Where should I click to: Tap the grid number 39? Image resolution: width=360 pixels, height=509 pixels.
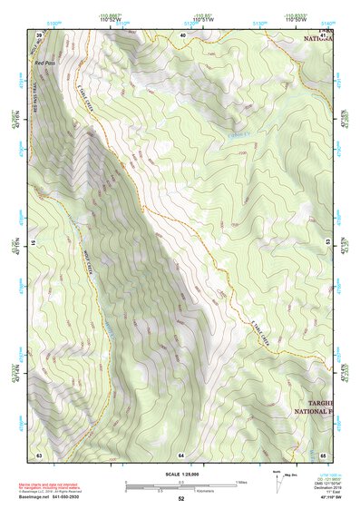(x=39, y=34)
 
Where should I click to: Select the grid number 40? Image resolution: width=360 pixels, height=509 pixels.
(x=182, y=34)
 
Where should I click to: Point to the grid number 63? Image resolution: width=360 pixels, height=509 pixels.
(x=39, y=454)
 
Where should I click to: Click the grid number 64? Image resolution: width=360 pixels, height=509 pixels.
(x=182, y=454)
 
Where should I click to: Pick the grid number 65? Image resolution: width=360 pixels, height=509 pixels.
(x=323, y=454)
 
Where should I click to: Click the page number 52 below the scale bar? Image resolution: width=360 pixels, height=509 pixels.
(x=181, y=499)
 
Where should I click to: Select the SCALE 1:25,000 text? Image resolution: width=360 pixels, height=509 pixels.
(x=180, y=474)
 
